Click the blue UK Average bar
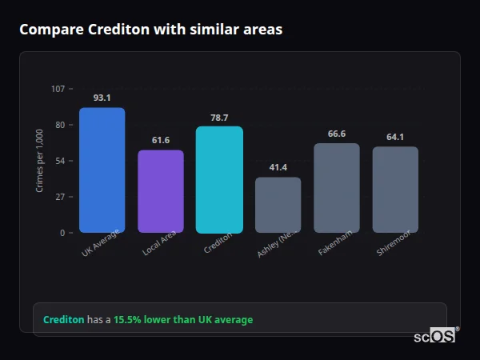click(102, 170)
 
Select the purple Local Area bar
click(161, 192)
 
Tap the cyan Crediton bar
click(219, 180)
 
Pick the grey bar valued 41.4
click(278, 205)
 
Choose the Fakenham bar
click(337, 188)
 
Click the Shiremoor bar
click(395, 190)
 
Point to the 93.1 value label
click(102, 98)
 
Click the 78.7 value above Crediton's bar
click(219, 117)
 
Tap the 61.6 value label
click(161, 140)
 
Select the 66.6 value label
click(337, 134)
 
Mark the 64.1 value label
click(395, 137)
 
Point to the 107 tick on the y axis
click(58, 88)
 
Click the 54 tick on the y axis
click(60, 161)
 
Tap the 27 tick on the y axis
click(60, 197)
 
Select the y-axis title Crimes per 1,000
click(39, 161)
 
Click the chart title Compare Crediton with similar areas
click(150, 30)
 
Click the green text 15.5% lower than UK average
click(183, 320)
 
